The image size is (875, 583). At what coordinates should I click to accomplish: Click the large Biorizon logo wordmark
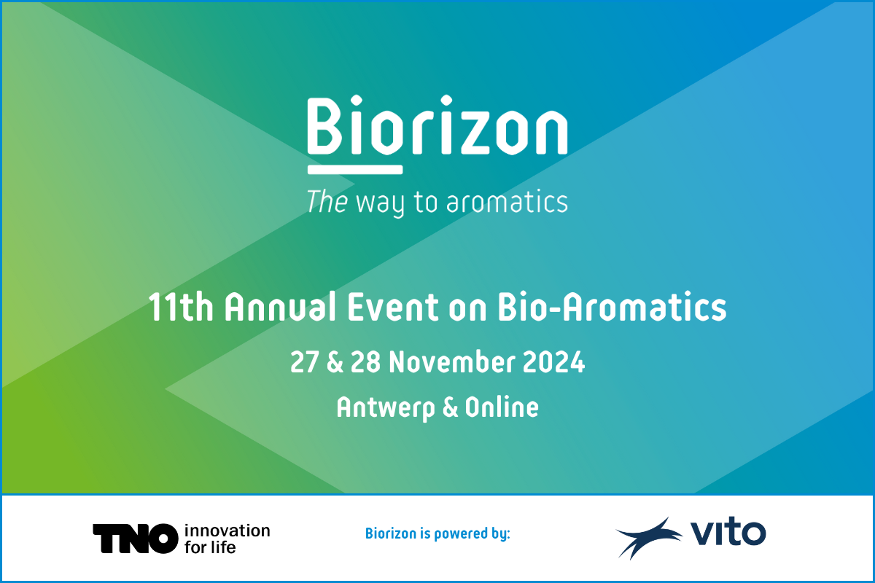tap(437, 125)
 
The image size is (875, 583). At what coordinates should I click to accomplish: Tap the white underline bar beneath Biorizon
tap(355, 170)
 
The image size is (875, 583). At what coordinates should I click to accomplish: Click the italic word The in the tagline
tap(327, 201)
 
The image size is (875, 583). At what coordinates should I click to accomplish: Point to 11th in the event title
tap(181, 307)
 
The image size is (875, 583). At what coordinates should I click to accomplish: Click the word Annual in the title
tap(280, 307)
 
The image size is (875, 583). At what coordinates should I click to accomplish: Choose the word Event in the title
tap(393, 307)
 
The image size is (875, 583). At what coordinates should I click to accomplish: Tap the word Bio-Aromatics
tap(612, 307)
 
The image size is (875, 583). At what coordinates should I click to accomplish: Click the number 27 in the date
tap(304, 362)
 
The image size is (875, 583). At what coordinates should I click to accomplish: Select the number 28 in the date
tap(365, 362)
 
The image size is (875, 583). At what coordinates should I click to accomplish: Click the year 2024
tap(553, 362)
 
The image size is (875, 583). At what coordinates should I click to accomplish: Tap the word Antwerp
tap(386, 408)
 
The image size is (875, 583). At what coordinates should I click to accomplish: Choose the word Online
tap(502, 407)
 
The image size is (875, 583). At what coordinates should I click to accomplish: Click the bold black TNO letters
tap(136, 539)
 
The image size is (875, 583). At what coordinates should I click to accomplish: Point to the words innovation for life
tap(227, 539)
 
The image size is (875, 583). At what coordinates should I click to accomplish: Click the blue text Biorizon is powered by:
tap(437, 533)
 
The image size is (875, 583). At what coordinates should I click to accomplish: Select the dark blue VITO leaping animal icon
tap(648, 538)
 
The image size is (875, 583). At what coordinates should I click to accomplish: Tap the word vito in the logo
tap(728, 531)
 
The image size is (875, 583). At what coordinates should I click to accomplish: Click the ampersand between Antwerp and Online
tap(450, 407)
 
